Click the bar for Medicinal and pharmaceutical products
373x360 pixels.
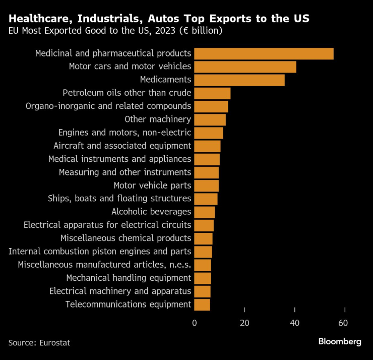pyautogui.click(x=264, y=53)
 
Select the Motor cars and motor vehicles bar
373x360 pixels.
pyautogui.click(x=245, y=67)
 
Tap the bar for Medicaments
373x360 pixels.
pyautogui.click(x=239, y=80)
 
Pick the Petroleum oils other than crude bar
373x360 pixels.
pyautogui.click(x=212, y=93)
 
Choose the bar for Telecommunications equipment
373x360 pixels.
pyautogui.click(x=202, y=304)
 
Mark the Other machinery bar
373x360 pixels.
pyautogui.click(x=210, y=119)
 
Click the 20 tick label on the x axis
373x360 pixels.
pyautogui.click(x=244, y=323)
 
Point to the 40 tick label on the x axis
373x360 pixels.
pyautogui.click(x=295, y=323)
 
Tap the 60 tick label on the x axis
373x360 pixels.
pyautogui.click(x=345, y=323)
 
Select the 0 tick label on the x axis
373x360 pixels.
pyautogui.click(x=195, y=323)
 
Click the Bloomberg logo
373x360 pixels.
pyautogui.click(x=339, y=342)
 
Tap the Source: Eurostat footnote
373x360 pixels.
pyautogui.click(x=39, y=343)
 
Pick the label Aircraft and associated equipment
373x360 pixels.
pyautogui.click(x=122, y=146)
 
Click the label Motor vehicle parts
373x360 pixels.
pyautogui.click(x=152, y=185)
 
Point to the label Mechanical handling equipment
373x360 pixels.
pyautogui.click(x=129, y=278)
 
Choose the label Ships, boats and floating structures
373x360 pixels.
pyautogui.click(x=119, y=199)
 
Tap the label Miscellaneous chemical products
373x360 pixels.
pyautogui.click(x=126, y=238)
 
